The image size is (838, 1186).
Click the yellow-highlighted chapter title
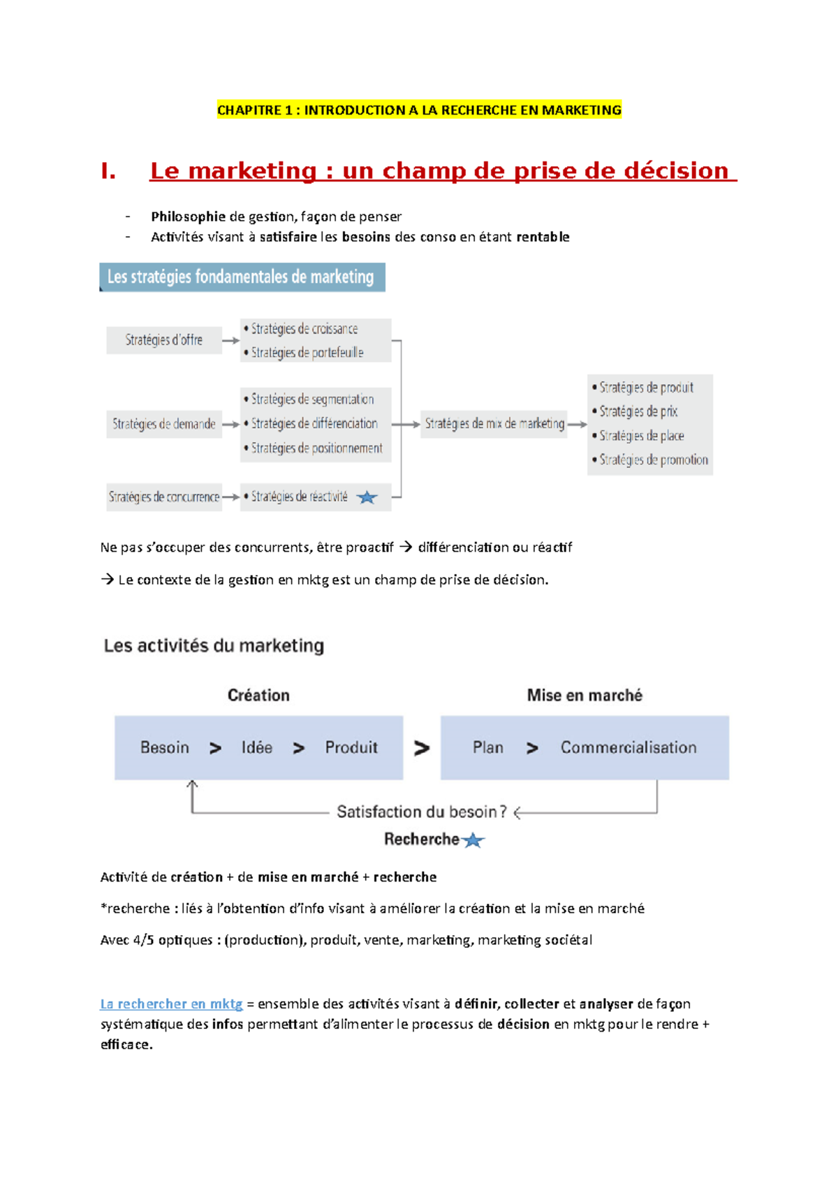(419, 110)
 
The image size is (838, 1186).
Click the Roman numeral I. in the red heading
(108, 171)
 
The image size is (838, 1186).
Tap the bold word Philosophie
(188, 217)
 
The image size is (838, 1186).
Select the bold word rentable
(543, 237)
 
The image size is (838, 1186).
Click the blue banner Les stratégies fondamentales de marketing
(242, 277)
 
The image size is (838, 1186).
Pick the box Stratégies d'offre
(164, 340)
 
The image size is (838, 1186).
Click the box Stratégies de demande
(164, 424)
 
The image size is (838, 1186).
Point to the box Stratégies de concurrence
(164, 497)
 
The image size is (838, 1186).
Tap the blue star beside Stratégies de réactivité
(367, 497)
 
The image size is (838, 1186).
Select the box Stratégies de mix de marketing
(494, 424)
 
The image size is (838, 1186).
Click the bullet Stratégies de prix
(638, 411)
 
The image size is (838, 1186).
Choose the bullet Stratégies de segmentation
(312, 400)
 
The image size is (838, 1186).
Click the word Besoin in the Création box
(165, 747)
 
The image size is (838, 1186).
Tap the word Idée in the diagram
(257, 747)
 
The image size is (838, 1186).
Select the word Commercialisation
(628, 747)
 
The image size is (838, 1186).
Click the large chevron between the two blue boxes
(422, 748)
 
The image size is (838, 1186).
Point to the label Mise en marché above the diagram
(585, 695)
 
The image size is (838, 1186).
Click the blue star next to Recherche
(473, 840)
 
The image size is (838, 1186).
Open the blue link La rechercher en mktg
(171, 1004)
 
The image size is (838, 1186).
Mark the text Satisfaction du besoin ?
(422, 812)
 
